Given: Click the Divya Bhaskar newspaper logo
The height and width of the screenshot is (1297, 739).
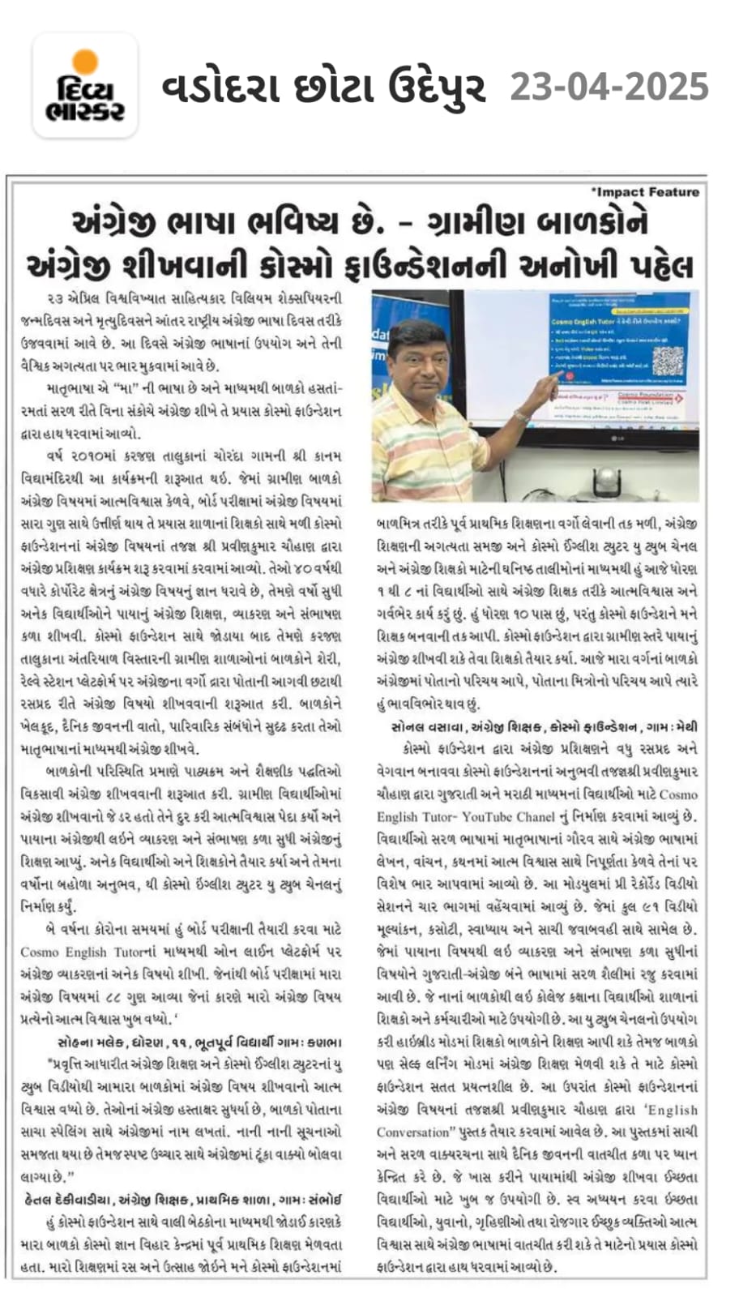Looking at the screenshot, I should coord(85,86).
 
